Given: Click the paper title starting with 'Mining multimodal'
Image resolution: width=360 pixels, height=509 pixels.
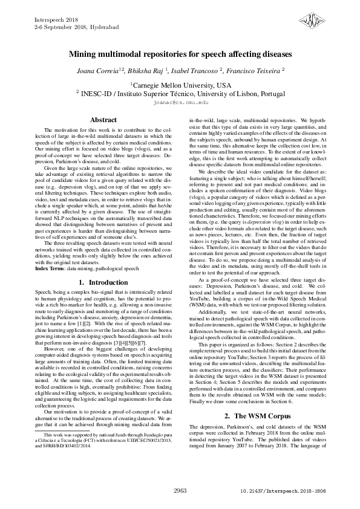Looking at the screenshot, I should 180,54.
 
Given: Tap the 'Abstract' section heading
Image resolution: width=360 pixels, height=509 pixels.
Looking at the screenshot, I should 103,120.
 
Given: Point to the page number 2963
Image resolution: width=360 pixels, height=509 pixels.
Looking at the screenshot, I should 180,491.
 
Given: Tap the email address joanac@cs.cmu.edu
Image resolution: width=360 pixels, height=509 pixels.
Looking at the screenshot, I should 180,103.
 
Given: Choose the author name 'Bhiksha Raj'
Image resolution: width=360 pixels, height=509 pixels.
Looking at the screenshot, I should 146,71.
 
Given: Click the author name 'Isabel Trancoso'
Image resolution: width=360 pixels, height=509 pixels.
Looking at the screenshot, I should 197,71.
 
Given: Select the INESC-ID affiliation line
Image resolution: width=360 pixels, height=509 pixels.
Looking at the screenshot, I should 180,94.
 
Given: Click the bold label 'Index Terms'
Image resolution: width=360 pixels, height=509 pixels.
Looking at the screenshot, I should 48,268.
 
